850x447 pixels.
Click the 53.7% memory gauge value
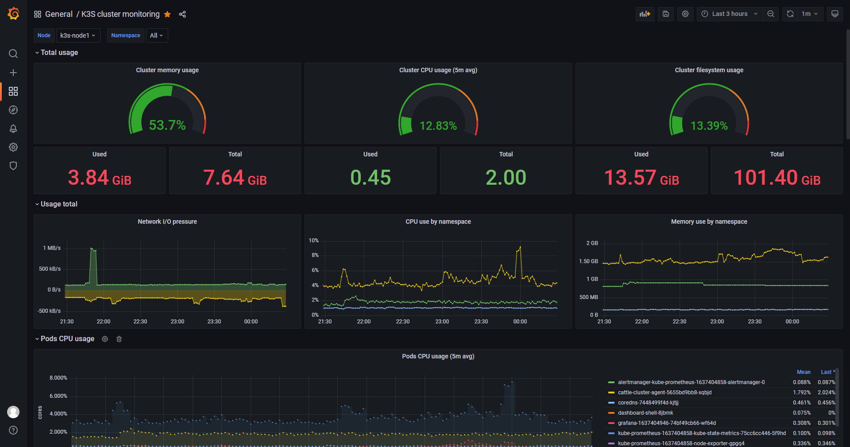click(x=167, y=125)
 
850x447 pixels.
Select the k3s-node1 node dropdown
click(x=78, y=35)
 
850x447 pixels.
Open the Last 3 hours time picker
click(x=730, y=14)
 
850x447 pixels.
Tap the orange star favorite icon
click(x=167, y=14)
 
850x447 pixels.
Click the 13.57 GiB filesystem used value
click(x=641, y=178)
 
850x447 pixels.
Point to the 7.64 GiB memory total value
click(x=235, y=178)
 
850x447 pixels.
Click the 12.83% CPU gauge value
click(x=438, y=126)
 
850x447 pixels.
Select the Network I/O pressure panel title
click(x=167, y=222)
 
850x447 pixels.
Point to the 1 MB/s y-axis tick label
click(x=52, y=248)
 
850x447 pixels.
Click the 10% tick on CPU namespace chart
click(x=314, y=241)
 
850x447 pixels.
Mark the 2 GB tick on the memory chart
click(x=592, y=243)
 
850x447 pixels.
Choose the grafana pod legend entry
click(x=667, y=423)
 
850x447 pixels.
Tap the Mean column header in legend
click(x=804, y=372)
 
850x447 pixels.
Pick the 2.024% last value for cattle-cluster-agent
click(x=826, y=393)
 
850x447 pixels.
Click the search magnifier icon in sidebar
click(x=13, y=54)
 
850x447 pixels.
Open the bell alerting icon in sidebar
click(x=13, y=128)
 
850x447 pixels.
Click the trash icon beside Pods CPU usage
click(x=119, y=339)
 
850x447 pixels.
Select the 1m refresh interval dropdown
click(x=810, y=14)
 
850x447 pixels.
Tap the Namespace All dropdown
click(x=157, y=35)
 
